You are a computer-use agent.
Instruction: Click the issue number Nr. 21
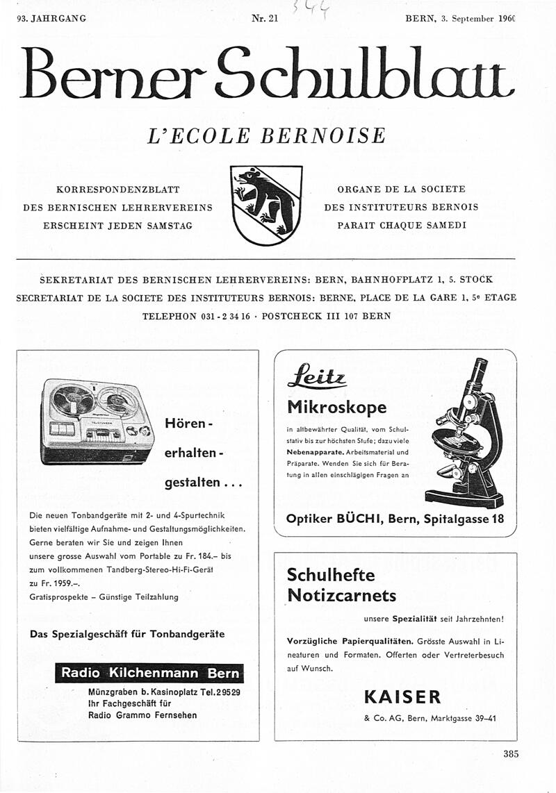(x=265, y=19)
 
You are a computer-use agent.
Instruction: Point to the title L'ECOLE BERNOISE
(x=266, y=135)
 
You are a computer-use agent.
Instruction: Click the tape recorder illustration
(x=97, y=420)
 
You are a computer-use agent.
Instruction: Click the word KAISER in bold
(x=402, y=696)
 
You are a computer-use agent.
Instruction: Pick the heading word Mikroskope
(x=336, y=407)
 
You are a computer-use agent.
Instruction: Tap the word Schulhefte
(x=331, y=575)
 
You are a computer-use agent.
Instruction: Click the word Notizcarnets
(x=341, y=596)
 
